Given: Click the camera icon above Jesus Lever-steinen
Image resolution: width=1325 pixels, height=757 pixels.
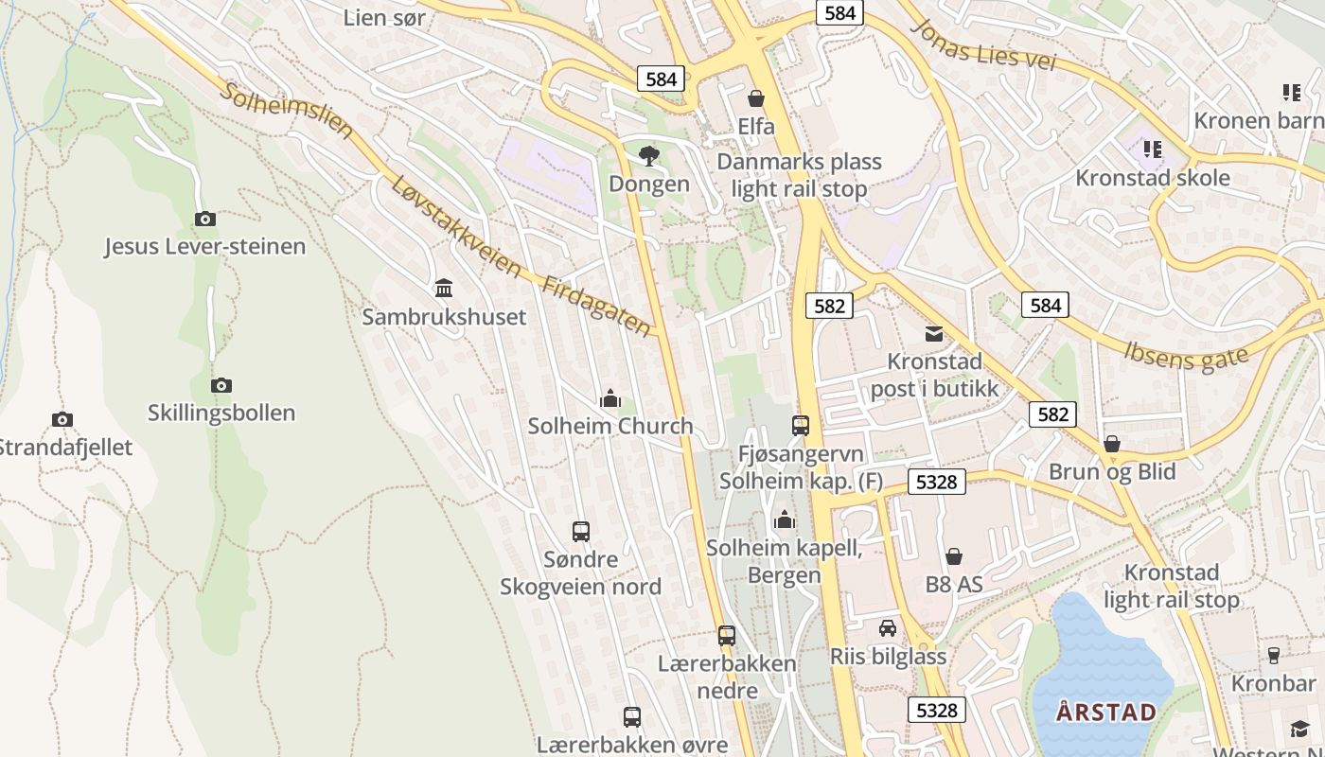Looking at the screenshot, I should click(205, 220).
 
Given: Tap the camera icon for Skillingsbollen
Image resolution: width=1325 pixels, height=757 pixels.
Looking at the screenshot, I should click(221, 385).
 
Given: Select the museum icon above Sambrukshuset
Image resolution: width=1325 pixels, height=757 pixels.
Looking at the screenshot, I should click(444, 288).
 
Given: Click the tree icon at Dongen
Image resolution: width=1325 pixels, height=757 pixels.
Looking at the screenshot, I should click(649, 155).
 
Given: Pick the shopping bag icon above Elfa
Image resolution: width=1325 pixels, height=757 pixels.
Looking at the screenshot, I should click(756, 98).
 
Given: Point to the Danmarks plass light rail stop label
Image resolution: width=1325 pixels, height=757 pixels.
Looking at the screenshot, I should click(799, 175).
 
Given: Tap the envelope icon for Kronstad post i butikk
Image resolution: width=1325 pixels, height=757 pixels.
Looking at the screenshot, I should click(934, 333).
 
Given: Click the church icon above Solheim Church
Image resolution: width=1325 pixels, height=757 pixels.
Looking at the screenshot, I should click(610, 398).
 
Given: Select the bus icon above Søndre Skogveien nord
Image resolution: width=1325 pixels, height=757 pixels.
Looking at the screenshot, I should click(581, 532).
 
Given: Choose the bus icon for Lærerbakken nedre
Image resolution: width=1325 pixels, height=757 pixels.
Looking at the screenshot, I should click(727, 636).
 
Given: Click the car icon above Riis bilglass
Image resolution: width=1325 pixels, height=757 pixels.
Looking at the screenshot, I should click(888, 628).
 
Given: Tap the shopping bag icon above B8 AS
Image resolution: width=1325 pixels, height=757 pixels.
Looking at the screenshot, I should click(954, 556).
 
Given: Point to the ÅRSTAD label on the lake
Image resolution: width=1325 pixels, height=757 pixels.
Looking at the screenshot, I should click(1094, 712).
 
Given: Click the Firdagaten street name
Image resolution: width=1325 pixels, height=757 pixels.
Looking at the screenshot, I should click(596, 306).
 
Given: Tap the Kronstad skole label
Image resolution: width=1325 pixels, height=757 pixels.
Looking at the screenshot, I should click(1153, 178).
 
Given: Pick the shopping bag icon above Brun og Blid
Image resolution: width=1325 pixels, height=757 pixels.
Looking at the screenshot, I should click(1112, 444).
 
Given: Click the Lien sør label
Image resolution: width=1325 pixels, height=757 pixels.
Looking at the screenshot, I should click(384, 17).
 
